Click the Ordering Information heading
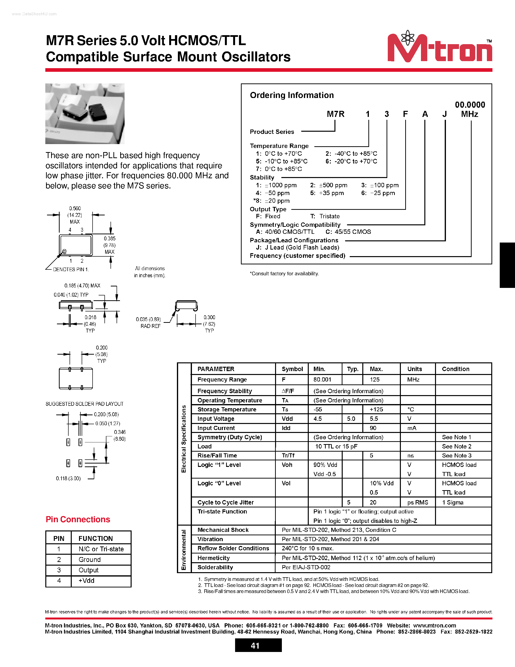pyautogui.click(x=292, y=95)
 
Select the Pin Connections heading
pyautogui.click(x=78, y=520)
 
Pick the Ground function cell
pyautogui.click(x=89, y=560)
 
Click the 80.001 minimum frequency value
pyautogui.click(x=322, y=380)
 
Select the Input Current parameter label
pyautogui.click(x=216, y=428)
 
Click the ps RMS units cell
pyautogui.click(x=418, y=502)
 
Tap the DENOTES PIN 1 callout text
pyautogui.click(x=71, y=269)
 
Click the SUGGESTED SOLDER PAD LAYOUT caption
pyautogui.click(x=85, y=404)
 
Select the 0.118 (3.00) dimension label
pyautogui.click(x=68, y=478)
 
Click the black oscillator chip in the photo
pyautogui.click(x=98, y=112)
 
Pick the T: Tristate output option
pyautogui.click(x=325, y=216)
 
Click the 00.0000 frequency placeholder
pyautogui.click(x=470, y=105)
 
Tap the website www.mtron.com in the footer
pyautogui.click(x=435, y=626)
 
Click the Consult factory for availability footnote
pyautogui.click(x=284, y=274)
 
